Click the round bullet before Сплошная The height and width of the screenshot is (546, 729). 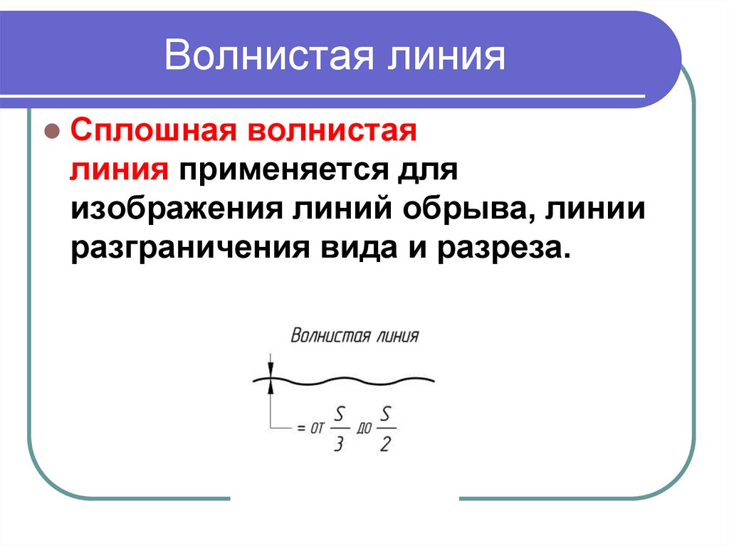click(x=51, y=132)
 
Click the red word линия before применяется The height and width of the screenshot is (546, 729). click(x=119, y=172)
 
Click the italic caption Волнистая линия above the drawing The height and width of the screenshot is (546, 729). click(x=355, y=336)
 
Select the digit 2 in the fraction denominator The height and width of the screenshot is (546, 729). click(x=386, y=444)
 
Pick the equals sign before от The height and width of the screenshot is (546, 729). click(x=298, y=429)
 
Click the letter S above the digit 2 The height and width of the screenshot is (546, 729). click(x=386, y=413)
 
